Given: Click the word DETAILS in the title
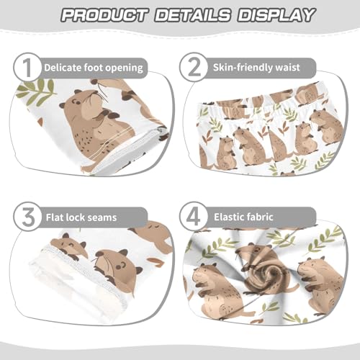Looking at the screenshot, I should [x=191, y=14].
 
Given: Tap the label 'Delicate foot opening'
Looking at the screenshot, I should [x=93, y=68].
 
